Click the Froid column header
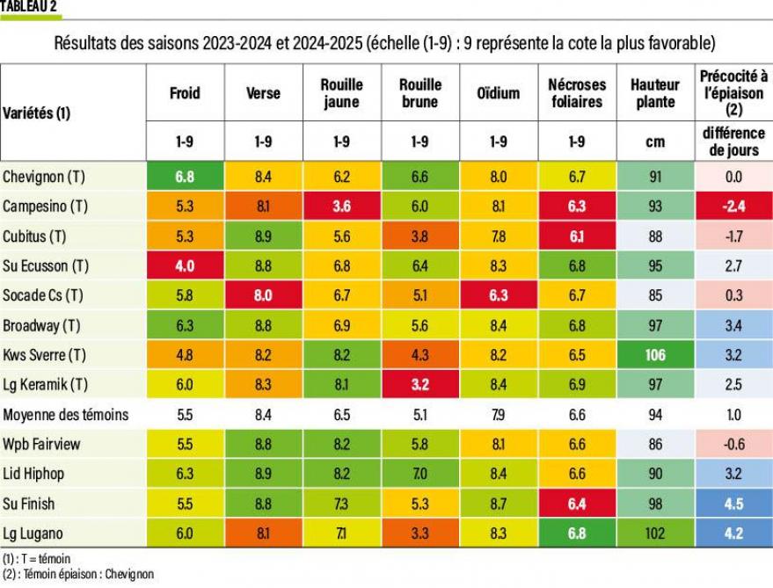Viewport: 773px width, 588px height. tap(185, 93)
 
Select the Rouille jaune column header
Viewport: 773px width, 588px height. tap(341, 93)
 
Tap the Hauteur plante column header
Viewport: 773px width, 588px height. tap(655, 93)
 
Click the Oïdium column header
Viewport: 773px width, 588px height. tap(499, 93)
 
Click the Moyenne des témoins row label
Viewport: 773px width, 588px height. tap(66, 415)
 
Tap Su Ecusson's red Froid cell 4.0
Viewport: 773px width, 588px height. tap(185, 265)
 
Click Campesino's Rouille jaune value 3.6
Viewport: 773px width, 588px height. tap(341, 207)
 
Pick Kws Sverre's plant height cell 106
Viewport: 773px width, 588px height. tap(655, 355)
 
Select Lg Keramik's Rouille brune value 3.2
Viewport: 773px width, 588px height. tap(420, 385)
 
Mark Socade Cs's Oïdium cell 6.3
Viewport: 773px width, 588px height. tap(499, 295)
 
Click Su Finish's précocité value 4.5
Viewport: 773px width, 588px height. tap(734, 504)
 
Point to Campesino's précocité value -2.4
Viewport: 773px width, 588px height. tap(734, 207)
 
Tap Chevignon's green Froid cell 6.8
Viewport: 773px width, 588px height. tap(185, 177)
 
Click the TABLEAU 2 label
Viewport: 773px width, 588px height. tap(29, 6)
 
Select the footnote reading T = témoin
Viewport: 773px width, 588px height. tap(36, 558)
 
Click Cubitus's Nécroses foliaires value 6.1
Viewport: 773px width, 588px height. tap(577, 236)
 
